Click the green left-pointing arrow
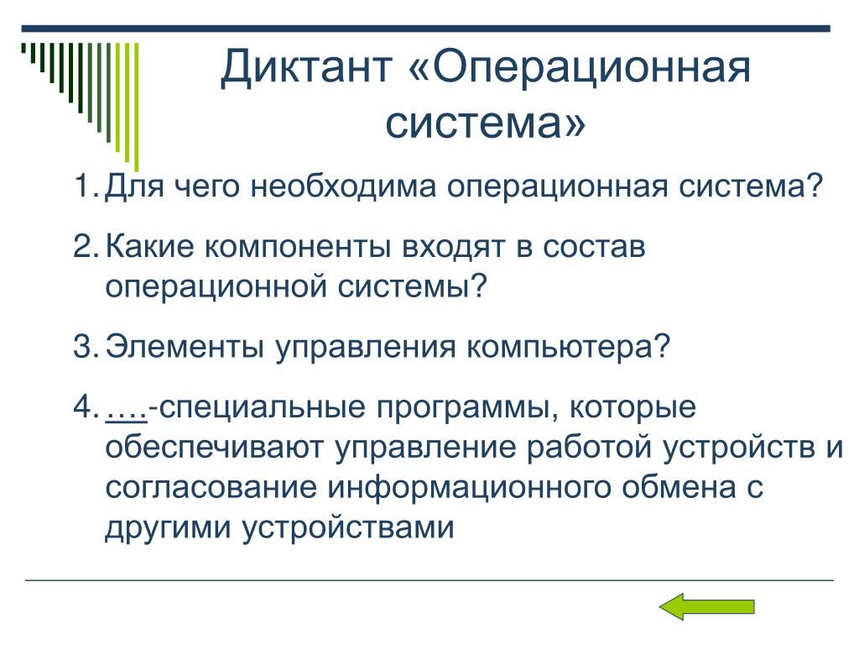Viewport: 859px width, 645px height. pos(706,606)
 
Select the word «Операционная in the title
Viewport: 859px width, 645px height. pos(580,68)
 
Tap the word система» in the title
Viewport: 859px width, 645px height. pos(486,123)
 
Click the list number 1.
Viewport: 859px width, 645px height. pos(86,186)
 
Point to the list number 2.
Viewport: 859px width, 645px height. pos(86,246)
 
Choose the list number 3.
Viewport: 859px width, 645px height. pos(86,346)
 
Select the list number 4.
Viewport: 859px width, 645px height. pos(86,406)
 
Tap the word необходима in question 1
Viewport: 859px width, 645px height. pos(343,186)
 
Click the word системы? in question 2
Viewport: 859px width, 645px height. pos(412,286)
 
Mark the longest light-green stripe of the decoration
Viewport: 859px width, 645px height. pos(137,107)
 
